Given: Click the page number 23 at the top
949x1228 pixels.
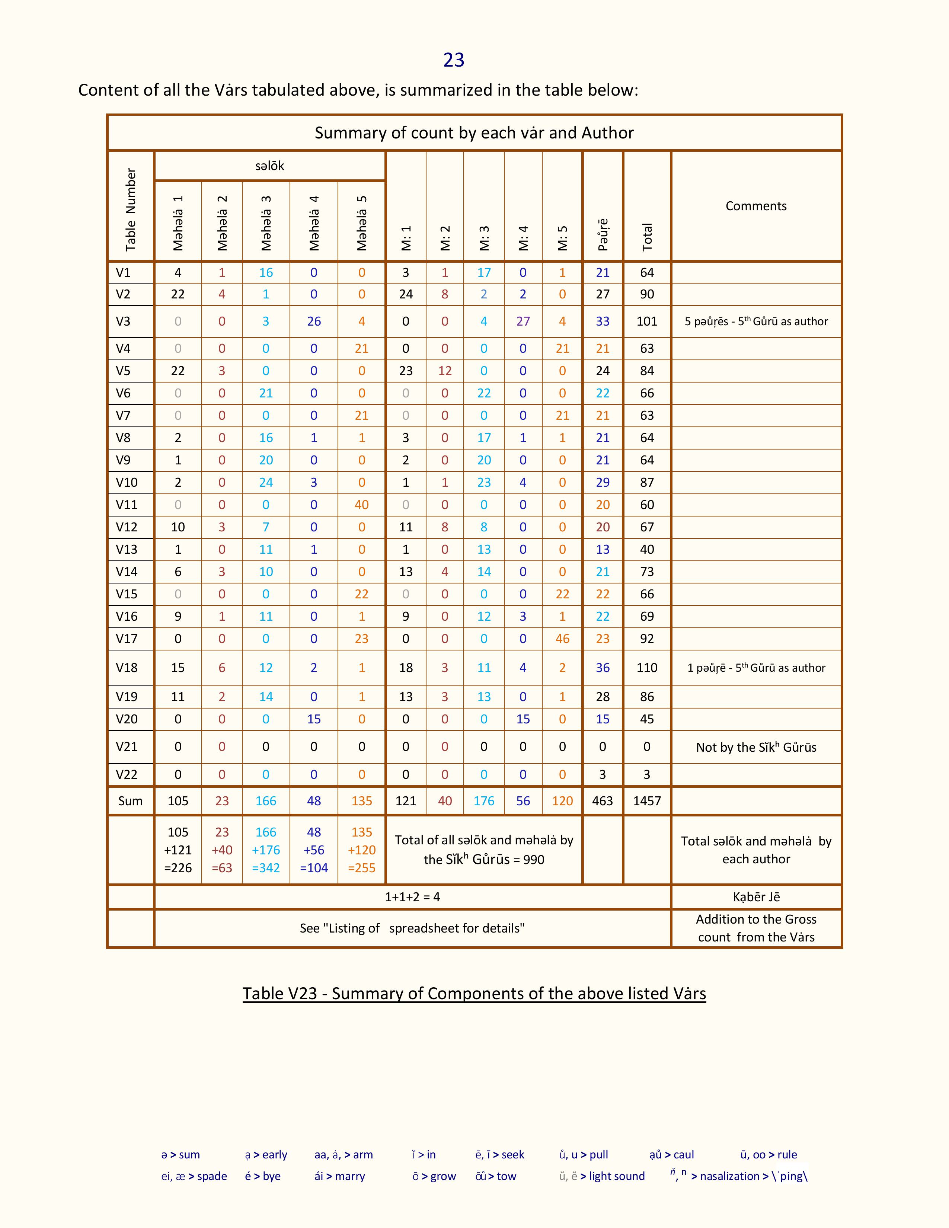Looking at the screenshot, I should coord(454,60).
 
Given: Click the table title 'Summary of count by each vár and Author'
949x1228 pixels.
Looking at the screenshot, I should coord(474,133).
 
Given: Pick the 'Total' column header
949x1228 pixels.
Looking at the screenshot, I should coord(647,237).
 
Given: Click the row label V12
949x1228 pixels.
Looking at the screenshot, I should coord(127,527).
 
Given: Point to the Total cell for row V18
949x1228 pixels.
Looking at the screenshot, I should coord(646,668).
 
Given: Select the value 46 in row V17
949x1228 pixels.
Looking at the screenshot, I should coord(562,639).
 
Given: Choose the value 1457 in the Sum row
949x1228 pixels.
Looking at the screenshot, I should coord(646,801).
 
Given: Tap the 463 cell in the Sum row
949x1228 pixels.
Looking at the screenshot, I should coord(602,801).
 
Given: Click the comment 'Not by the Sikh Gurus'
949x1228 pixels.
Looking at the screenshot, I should coord(755,747).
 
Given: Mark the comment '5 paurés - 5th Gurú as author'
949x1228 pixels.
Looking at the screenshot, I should coord(755,322).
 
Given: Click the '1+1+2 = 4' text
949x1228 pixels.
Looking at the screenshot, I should coord(412,897).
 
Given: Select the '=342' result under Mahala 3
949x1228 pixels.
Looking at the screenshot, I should coord(266,867).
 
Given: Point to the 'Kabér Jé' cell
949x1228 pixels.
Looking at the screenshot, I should coord(755,897).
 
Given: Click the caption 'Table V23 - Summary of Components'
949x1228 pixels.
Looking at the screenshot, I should coord(474,994).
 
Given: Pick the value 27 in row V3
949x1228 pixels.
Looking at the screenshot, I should coord(523,321).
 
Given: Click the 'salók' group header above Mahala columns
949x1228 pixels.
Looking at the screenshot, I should coord(269,166).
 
